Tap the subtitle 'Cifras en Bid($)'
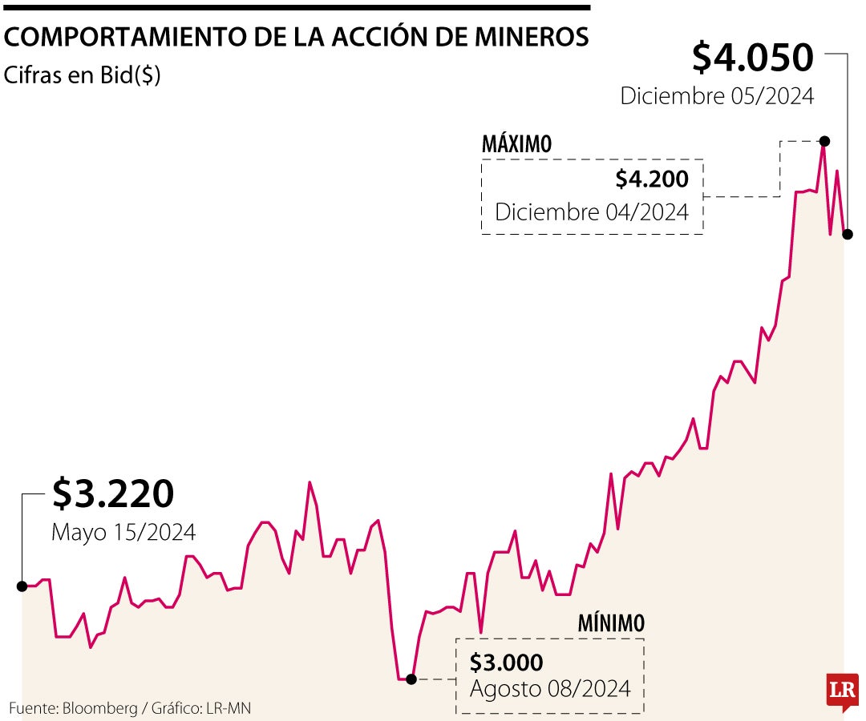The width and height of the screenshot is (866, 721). [83, 75]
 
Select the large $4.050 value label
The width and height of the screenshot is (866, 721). [753, 58]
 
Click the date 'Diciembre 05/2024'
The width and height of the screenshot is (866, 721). [717, 97]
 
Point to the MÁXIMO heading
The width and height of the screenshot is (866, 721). [517, 144]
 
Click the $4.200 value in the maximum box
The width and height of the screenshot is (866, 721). [652, 179]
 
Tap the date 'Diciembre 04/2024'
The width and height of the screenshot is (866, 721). [592, 212]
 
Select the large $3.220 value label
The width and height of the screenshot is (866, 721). [113, 493]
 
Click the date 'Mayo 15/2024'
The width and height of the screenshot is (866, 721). [123, 532]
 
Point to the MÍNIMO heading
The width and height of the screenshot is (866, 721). [611, 622]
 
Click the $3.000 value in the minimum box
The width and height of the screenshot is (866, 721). [507, 663]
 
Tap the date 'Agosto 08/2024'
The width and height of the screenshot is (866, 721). [550, 688]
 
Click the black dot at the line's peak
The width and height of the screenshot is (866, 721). [824, 141]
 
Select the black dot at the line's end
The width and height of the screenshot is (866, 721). [847, 235]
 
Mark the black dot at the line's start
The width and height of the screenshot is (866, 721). [22, 586]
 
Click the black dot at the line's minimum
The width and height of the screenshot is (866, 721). [411, 679]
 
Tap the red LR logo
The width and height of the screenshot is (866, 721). [843, 688]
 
